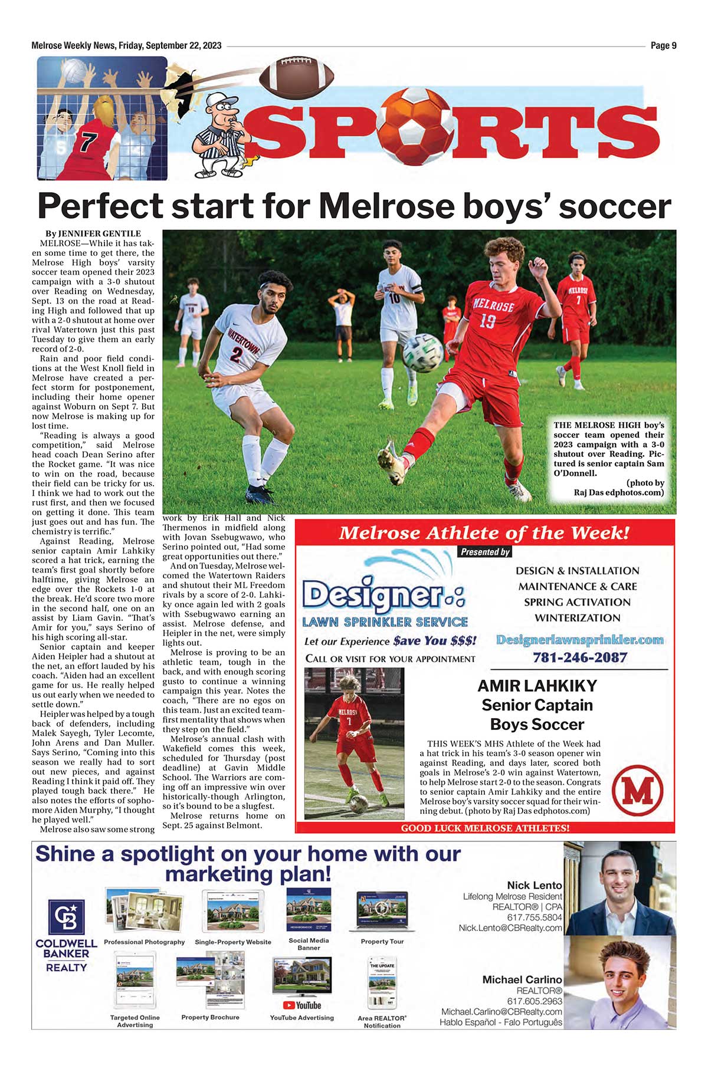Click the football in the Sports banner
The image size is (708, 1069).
coord(297,77)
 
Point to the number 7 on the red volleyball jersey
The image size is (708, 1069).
coord(88,142)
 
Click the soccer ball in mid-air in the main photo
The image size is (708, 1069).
coord(423,352)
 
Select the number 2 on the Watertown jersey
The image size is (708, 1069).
coord(236,355)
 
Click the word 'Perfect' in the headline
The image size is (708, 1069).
coord(100,206)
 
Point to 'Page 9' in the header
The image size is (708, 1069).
coord(664,45)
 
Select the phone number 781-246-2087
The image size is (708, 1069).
coord(579,657)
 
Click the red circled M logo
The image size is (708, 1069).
coord(638,790)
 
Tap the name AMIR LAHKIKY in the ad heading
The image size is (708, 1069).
coord(537,686)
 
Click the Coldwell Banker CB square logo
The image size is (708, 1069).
coord(66,917)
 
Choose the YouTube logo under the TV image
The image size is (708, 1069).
coord(302,1005)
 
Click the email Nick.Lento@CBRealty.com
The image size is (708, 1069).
coord(510,928)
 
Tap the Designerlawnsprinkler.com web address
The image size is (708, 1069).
coord(579,640)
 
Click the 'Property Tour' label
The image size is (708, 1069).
coord(382,942)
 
